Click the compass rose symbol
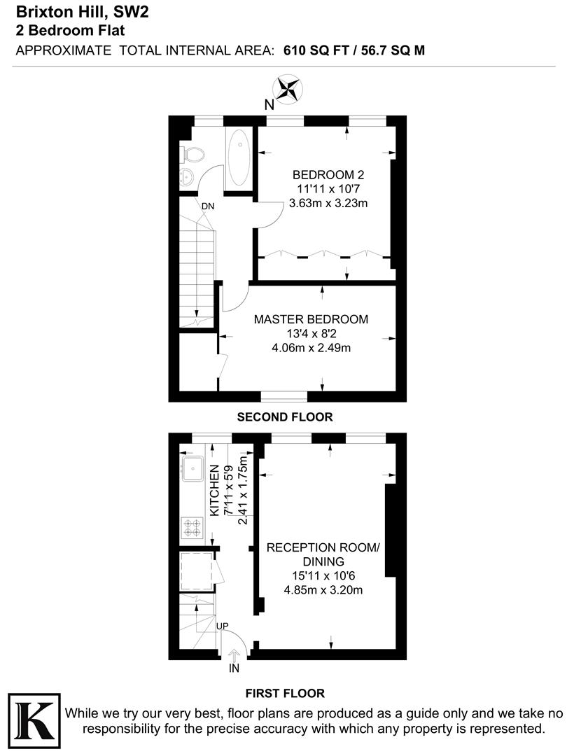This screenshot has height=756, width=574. (x=287, y=89)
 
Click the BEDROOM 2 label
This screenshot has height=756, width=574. (x=328, y=175)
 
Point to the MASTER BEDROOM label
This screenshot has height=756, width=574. (x=311, y=319)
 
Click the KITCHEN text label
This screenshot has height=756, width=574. (x=215, y=492)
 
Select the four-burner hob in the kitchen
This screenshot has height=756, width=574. (x=192, y=526)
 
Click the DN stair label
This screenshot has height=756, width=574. (x=208, y=206)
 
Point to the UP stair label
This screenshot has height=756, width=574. (x=222, y=625)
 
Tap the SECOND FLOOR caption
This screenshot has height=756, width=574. (x=285, y=417)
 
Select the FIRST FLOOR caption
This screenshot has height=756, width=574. (x=285, y=694)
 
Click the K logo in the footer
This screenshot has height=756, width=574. (x=34, y=720)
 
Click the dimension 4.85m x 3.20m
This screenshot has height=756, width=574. (x=323, y=590)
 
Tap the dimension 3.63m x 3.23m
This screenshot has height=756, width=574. (x=328, y=204)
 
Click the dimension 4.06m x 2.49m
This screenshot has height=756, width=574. (x=311, y=348)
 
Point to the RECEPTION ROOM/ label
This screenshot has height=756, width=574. (x=323, y=547)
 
